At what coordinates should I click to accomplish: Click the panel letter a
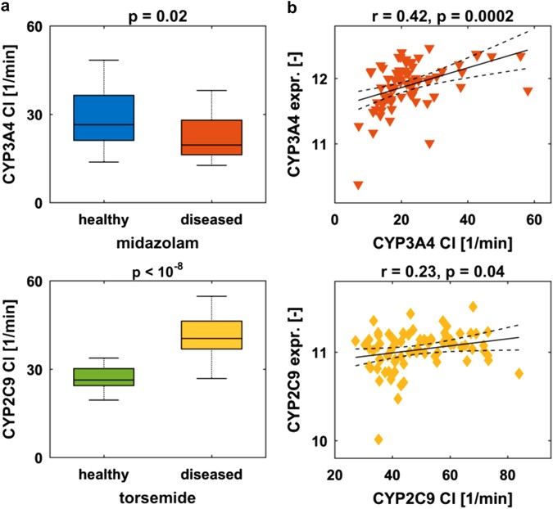7,7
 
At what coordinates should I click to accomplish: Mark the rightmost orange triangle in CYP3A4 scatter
528,92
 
